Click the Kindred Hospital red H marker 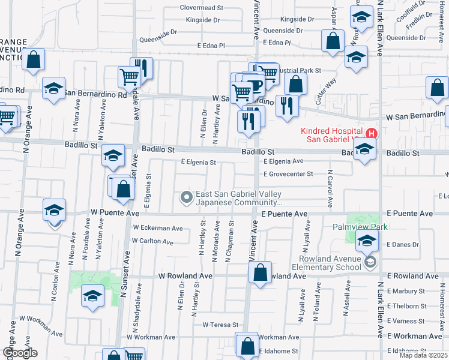click(372, 133)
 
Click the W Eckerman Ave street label click(158, 228)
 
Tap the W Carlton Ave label click(152, 241)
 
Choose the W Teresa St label click(221, 325)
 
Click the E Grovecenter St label click(288, 174)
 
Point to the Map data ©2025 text click(424, 356)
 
